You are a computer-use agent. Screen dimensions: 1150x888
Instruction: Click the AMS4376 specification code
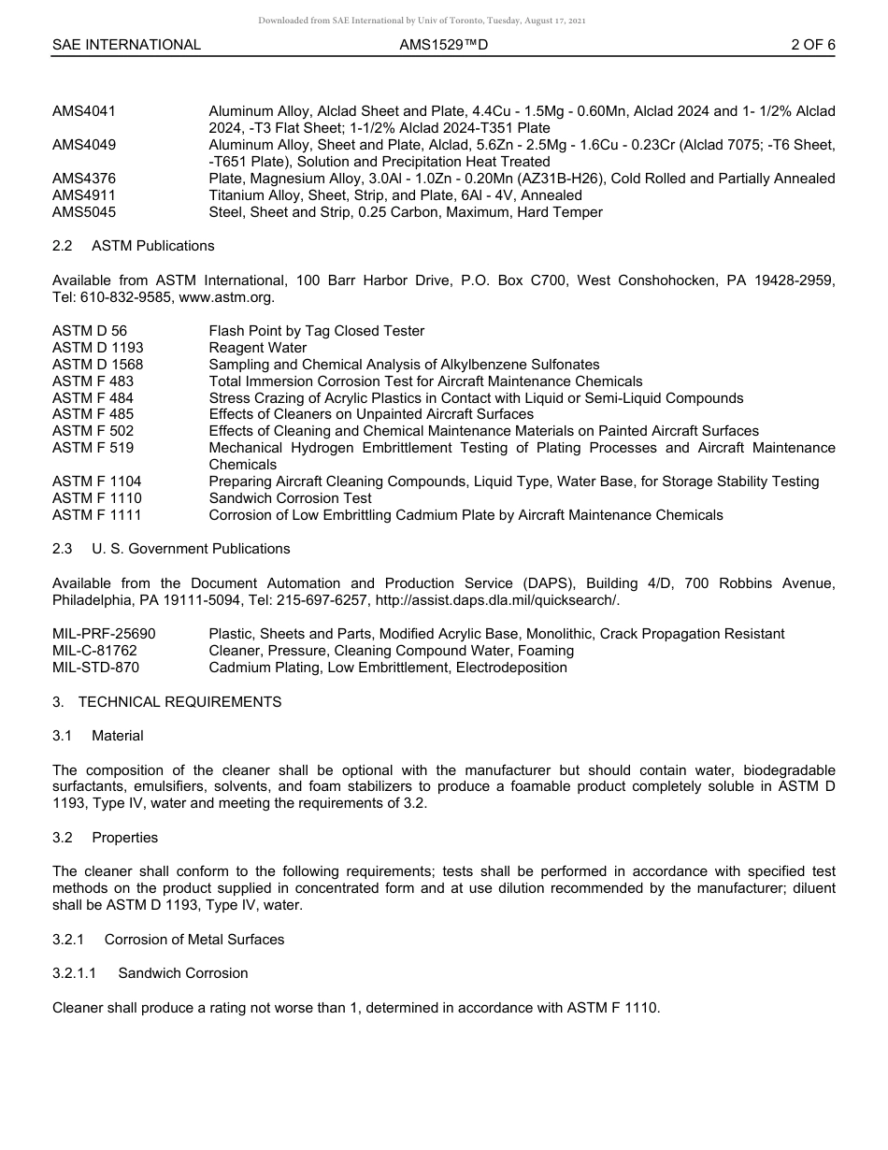(x=84, y=179)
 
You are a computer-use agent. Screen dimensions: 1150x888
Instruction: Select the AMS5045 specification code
(x=84, y=212)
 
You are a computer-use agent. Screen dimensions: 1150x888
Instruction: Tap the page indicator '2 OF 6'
(x=812, y=44)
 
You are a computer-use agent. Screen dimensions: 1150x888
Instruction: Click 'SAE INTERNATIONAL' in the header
(x=126, y=44)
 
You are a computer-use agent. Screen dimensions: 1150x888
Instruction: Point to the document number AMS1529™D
(x=443, y=44)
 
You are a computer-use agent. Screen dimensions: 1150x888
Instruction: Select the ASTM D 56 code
(x=90, y=331)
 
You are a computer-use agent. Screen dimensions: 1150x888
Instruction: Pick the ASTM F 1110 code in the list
(x=97, y=498)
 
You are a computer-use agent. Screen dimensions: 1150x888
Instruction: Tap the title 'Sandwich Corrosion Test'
(x=290, y=498)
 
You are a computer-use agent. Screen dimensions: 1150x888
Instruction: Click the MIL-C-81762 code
(x=94, y=651)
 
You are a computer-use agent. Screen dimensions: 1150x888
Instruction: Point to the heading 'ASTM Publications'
(x=153, y=246)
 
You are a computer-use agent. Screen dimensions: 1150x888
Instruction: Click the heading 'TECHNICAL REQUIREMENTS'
(x=179, y=702)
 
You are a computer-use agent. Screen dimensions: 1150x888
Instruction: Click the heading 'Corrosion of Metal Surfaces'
(x=194, y=940)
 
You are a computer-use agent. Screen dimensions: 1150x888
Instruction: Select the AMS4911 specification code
(x=84, y=195)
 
